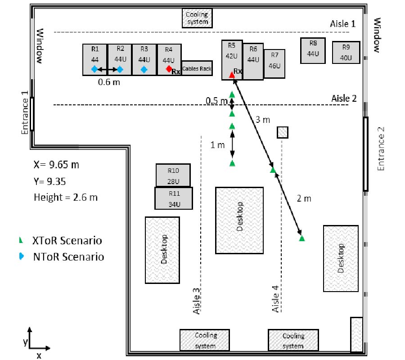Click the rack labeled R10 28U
point(173,175)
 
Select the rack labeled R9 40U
point(346,52)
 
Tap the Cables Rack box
point(197,68)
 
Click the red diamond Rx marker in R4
point(169,69)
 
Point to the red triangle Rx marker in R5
point(232,75)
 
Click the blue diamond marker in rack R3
point(144,69)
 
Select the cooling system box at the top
point(197,18)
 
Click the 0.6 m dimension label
point(109,82)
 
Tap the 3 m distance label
point(263,120)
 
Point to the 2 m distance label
point(304,198)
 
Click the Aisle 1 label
point(343,24)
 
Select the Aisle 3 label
point(197,301)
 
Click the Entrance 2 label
point(381,149)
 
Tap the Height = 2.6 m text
point(66,197)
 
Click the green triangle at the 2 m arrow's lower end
point(301,238)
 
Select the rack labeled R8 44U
point(313,50)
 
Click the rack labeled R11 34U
point(174,198)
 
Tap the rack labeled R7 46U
point(274,64)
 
